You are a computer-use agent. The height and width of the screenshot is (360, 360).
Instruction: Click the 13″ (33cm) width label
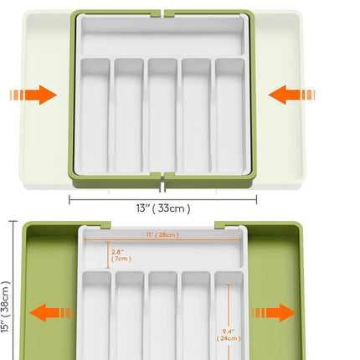(x=163, y=208)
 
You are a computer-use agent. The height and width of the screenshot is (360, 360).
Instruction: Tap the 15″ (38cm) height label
(x=6, y=307)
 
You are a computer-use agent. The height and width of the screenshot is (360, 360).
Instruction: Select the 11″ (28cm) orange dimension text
(x=162, y=234)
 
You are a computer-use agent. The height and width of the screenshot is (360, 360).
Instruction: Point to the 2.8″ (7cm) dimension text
(x=121, y=255)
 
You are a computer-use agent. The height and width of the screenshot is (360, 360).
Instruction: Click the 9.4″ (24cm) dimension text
(x=229, y=335)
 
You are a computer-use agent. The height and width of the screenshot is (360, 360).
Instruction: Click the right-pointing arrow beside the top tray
(x=33, y=95)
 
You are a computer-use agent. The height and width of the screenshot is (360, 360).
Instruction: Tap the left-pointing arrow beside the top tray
(x=291, y=95)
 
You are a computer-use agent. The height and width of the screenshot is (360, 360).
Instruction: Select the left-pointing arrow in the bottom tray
(x=52, y=313)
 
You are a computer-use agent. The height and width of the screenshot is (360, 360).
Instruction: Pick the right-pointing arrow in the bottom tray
(x=274, y=313)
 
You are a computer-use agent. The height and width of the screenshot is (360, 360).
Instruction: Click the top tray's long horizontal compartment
(x=162, y=35)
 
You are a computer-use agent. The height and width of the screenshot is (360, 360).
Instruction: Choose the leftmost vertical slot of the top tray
(x=95, y=116)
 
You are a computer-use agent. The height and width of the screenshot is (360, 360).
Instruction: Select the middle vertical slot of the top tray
(x=162, y=116)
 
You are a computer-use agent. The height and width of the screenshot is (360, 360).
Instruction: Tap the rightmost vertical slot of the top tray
(x=230, y=116)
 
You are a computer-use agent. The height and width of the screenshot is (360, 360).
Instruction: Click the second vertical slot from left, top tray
(x=129, y=116)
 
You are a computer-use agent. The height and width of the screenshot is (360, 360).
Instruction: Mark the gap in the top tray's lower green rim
(x=162, y=182)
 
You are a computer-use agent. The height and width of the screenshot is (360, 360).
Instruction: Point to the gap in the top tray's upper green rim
(x=162, y=13)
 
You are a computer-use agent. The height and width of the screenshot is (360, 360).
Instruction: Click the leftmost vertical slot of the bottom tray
(x=96, y=316)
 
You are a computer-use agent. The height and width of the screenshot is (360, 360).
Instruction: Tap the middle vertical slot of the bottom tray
(x=162, y=316)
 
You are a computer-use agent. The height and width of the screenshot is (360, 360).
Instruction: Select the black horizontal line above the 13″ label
(x=162, y=199)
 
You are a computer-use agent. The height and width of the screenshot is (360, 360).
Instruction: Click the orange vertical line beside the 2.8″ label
(x=108, y=255)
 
